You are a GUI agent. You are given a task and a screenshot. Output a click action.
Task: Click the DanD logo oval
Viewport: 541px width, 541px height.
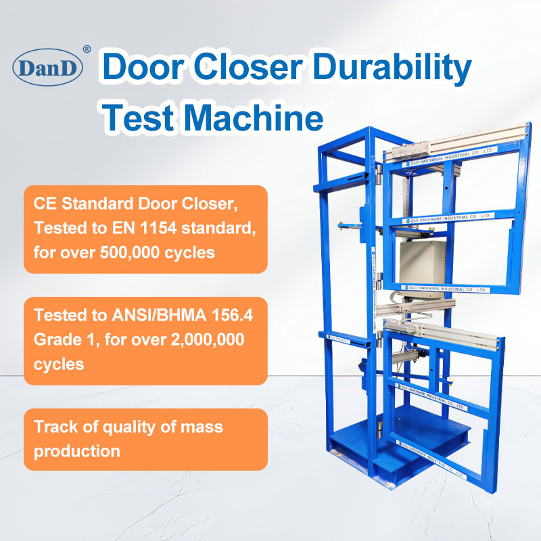coord(47,68)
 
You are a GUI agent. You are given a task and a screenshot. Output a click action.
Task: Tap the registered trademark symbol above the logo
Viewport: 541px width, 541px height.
coord(86,49)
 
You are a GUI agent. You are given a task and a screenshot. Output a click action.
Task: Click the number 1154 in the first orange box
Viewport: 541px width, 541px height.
coord(155,229)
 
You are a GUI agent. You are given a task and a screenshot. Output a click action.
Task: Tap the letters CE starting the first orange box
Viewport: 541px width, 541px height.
coord(45,204)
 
